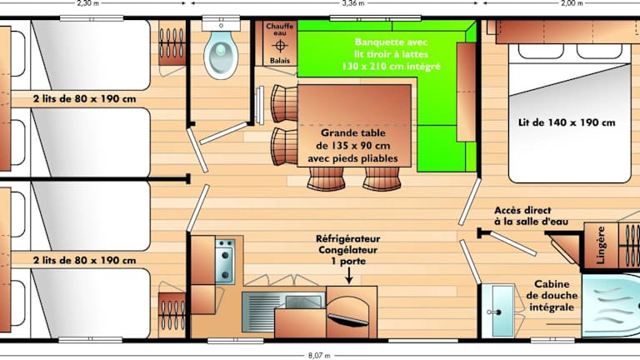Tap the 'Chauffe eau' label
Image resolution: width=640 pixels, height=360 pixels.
280,29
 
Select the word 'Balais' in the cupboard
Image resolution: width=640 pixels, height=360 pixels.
280,61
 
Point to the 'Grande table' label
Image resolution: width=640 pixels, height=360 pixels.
353,132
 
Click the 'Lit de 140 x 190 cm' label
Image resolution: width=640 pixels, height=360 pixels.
567,122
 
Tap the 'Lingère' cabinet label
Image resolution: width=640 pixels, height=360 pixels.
601,245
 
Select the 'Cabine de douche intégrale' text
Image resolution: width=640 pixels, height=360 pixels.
552,296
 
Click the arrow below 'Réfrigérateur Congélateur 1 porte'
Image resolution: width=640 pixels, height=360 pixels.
348,277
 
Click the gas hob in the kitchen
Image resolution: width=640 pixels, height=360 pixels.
224,261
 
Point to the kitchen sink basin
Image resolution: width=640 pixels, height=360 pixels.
303,302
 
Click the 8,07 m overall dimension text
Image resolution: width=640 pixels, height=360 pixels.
319,356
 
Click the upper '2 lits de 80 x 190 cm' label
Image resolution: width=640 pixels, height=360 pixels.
84,99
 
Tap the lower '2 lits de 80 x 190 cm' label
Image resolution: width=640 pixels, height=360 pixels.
84,260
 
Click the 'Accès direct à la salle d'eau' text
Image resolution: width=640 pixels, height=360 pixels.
532,217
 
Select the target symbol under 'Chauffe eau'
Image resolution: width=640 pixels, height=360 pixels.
280,46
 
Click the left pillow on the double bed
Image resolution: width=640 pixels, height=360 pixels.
541,52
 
